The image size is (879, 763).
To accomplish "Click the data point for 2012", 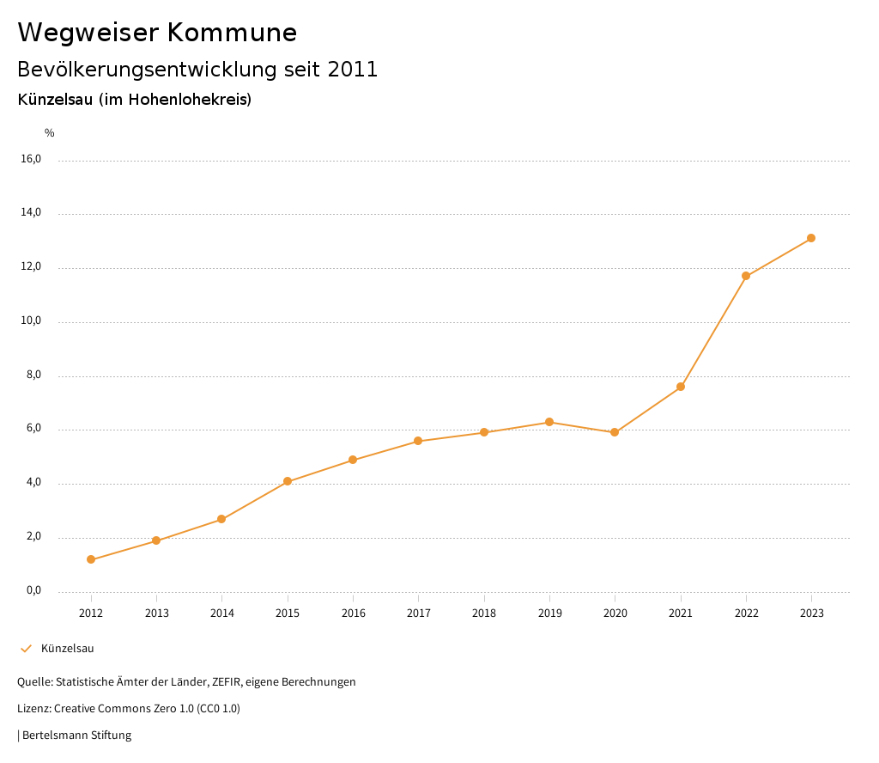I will tap(91, 559).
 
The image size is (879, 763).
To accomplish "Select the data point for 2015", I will tap(288, 481).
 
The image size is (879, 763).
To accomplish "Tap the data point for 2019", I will tap(549, 422).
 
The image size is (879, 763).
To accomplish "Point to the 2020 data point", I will tap(615, 432).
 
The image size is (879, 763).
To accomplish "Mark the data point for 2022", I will tap(746, 276).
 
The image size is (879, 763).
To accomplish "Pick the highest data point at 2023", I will tap(811, 238).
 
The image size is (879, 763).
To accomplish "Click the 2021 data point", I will tap(681, 387).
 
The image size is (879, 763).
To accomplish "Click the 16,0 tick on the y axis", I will tap(31, 159).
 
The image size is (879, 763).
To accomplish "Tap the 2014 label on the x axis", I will tap(221, 613).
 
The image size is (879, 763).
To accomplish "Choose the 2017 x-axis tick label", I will tap(418, 613).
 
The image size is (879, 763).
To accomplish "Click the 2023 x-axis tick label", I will tap(811, 613).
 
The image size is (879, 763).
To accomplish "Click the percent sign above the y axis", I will tap(50, 133).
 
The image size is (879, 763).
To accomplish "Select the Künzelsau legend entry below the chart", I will tap(67, 649).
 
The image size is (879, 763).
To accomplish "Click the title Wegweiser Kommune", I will tap(157, 33).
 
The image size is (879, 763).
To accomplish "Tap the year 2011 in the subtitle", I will tap(353, 70).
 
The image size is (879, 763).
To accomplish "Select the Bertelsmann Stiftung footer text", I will tap(76, 736).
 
